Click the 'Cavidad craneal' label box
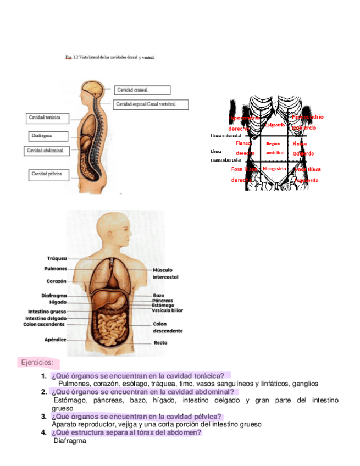click(142, 90)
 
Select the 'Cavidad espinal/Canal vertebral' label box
click(152, 104)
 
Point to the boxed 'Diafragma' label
click(48, 136)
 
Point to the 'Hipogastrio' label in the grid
click(273, 169)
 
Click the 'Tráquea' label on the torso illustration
click(57, 258)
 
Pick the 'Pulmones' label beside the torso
click(56, 269)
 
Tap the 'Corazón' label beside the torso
click(56, 281)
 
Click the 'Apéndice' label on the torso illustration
click(56, 340)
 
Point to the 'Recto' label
click(160, 343)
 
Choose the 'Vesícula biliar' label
click(168, 310)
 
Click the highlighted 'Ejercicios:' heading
click(37, 363)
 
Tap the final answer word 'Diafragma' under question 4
click(70, 440)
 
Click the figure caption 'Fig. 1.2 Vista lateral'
click(109, 57)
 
